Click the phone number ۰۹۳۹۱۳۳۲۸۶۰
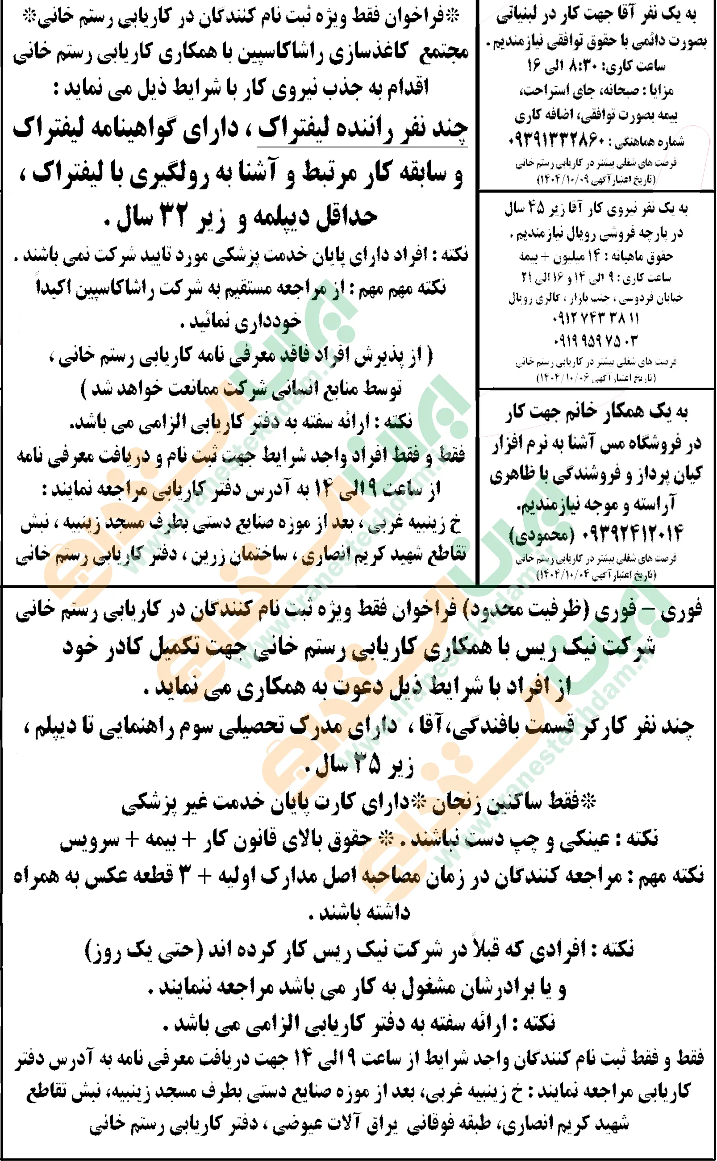coord(557,141)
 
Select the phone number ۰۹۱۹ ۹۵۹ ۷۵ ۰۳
coord(596,341)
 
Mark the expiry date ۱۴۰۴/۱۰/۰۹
coord(577,180)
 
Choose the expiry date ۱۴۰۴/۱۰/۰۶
coord(577,378)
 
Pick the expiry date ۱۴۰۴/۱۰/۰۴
coord(577,575)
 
